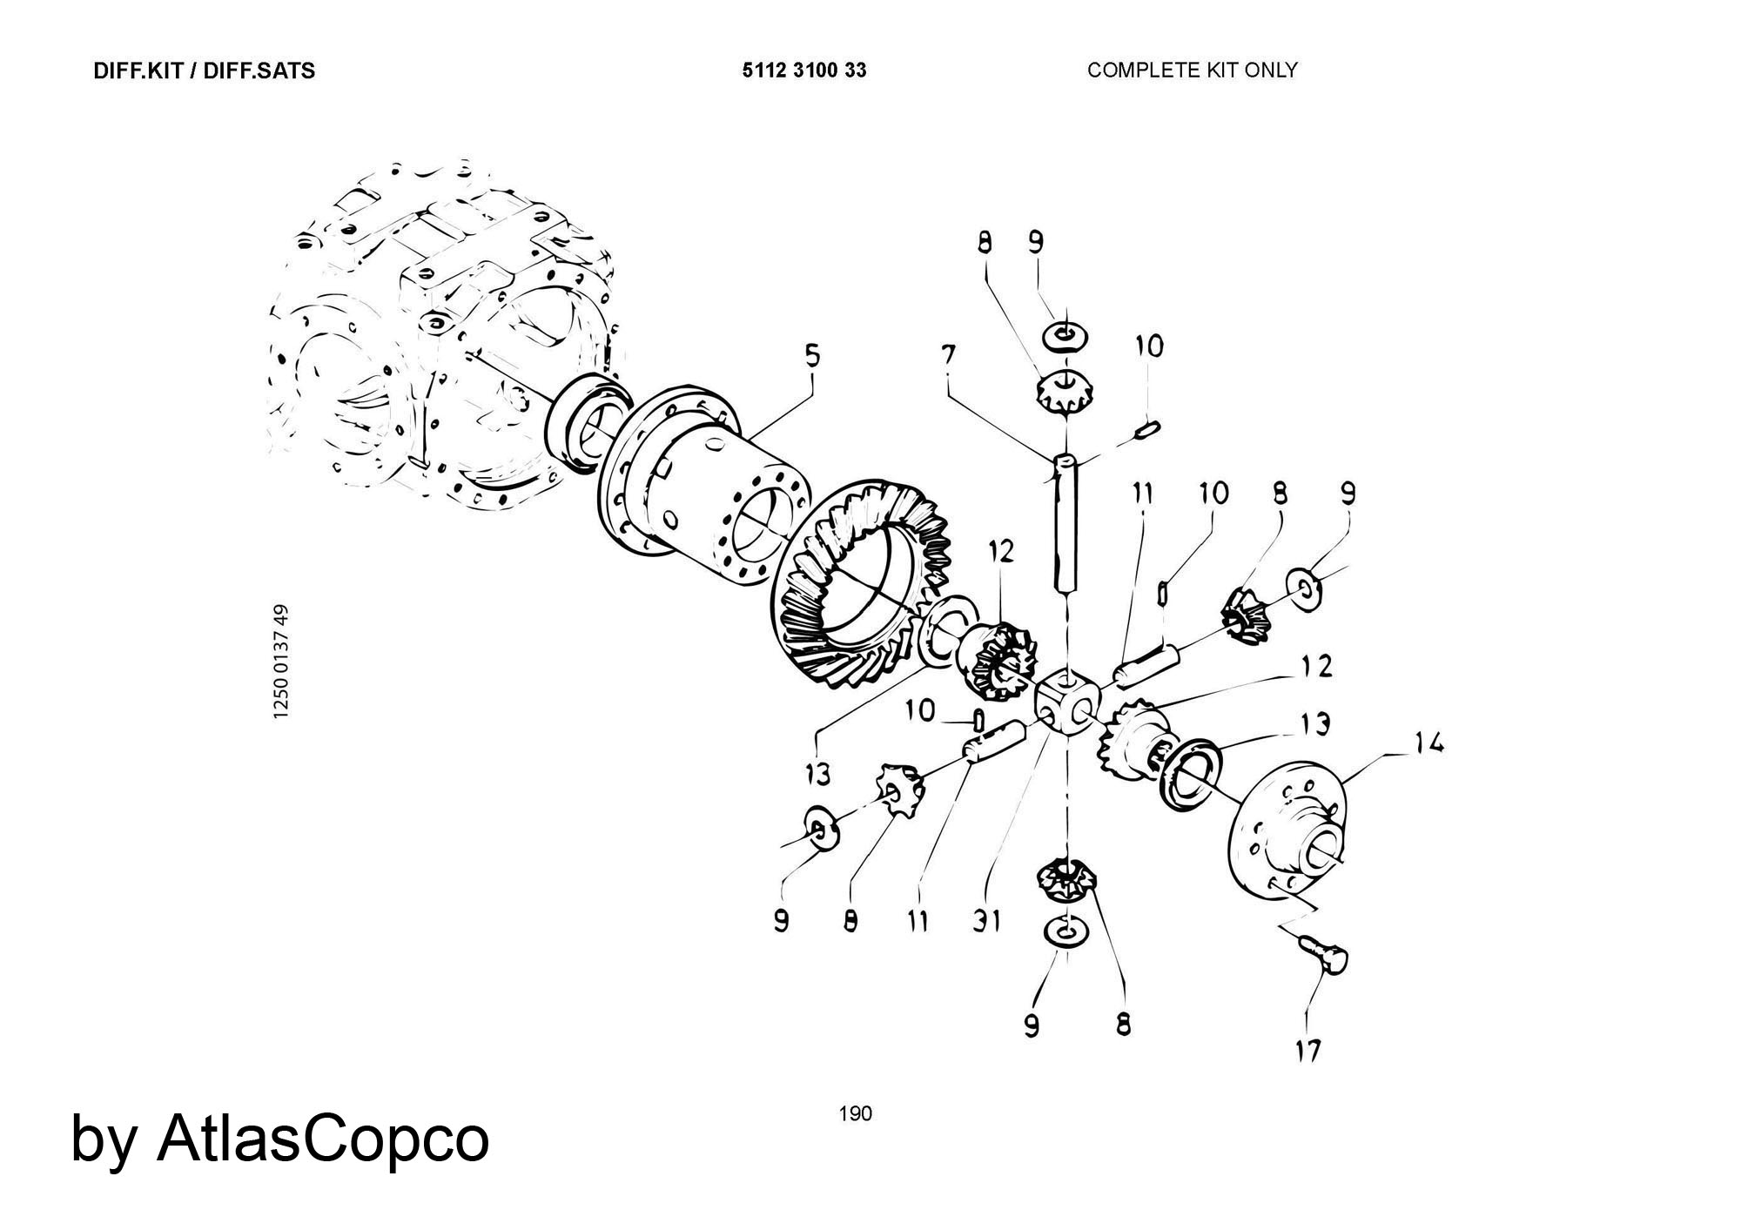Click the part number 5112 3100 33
tap(803, 71)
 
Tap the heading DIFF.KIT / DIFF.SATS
tap(204, 71)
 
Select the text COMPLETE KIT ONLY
tap(1192, 71)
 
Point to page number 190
tap(855, 1113)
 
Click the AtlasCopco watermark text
tap(279, 1139)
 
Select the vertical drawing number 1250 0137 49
tap(280, 662)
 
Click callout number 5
tap(811, 357)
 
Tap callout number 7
tap(948, 355)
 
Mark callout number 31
tap(986, 921)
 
